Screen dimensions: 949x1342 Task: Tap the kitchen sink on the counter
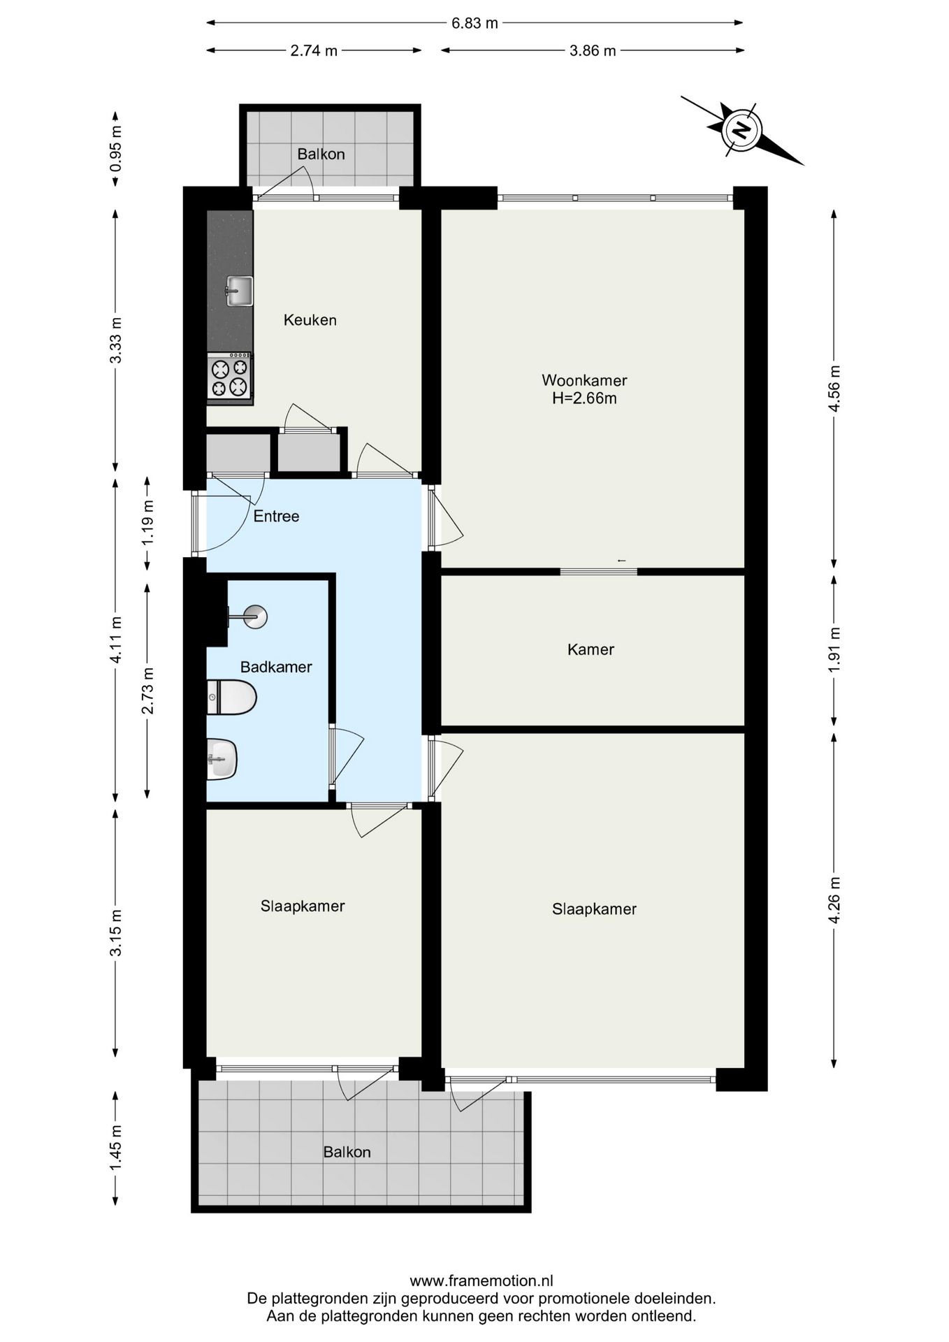(239, 291)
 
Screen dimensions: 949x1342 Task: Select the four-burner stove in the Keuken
(230, 377)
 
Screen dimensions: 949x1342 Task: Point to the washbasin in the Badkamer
(222, 759)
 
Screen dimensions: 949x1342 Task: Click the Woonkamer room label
(584, 380)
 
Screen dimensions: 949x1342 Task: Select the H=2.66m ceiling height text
(584, 398)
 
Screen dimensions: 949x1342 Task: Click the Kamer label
(591, 649)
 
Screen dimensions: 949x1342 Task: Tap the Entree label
(276, 517)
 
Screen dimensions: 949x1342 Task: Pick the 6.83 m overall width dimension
(475, 23)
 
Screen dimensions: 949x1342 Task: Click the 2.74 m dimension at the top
(314, 50)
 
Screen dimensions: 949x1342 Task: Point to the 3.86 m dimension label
(593, 50)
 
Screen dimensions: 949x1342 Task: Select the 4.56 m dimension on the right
(834, 389)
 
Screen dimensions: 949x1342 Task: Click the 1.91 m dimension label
(834, 650)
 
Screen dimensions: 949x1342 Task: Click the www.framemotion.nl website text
(481, 1281)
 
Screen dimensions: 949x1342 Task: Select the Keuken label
(310, 320)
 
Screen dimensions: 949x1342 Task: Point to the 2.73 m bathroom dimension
(147, 691)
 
